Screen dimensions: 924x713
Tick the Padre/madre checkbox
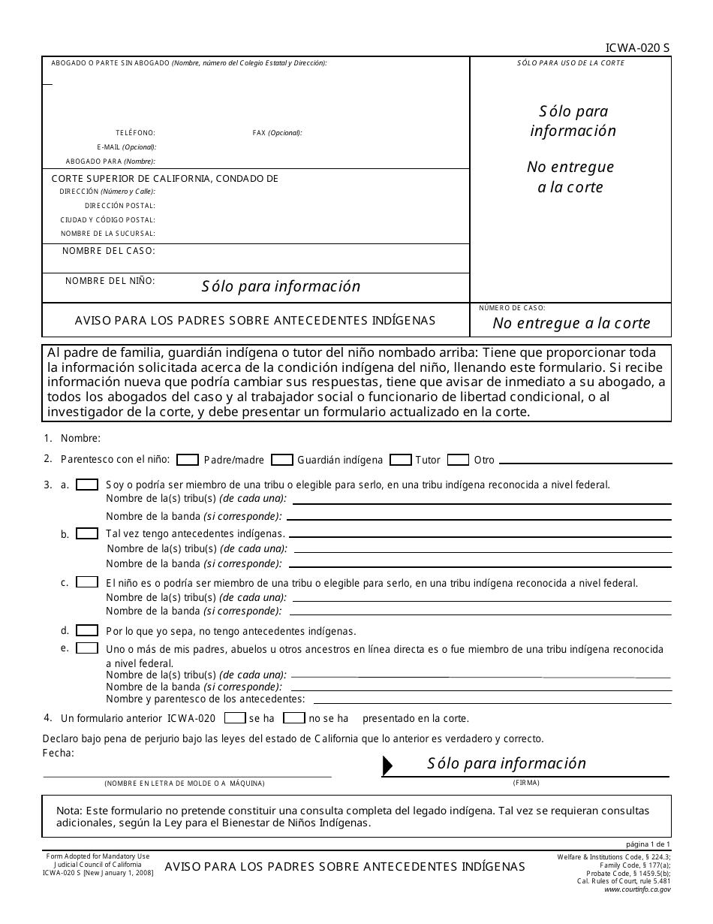[x=188, y=460]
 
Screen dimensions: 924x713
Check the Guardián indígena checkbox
[x=281, y=460]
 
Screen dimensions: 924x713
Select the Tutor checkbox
[x=401, y=460]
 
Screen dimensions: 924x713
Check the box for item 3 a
[x=87, y=485]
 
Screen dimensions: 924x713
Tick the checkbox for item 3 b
[x=87, y=533]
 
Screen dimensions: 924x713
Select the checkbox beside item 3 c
[x=87, y=582]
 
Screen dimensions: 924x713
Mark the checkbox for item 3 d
[x=87, y=631]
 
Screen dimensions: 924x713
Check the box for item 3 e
[x=87, y=648]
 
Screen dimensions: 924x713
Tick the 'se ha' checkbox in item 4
[x=235, y=718]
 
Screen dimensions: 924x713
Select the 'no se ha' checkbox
[x=293, y=718]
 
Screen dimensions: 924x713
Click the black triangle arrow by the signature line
[x=387, y=765]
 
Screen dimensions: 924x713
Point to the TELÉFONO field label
[x=135, y=133]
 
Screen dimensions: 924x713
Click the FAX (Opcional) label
[x=277, y=133]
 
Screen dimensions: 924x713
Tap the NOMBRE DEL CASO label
[x=109, y=251]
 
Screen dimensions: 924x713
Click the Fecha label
[x=59, y=753]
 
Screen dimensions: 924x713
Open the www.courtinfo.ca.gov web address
[x=637, y=889]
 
